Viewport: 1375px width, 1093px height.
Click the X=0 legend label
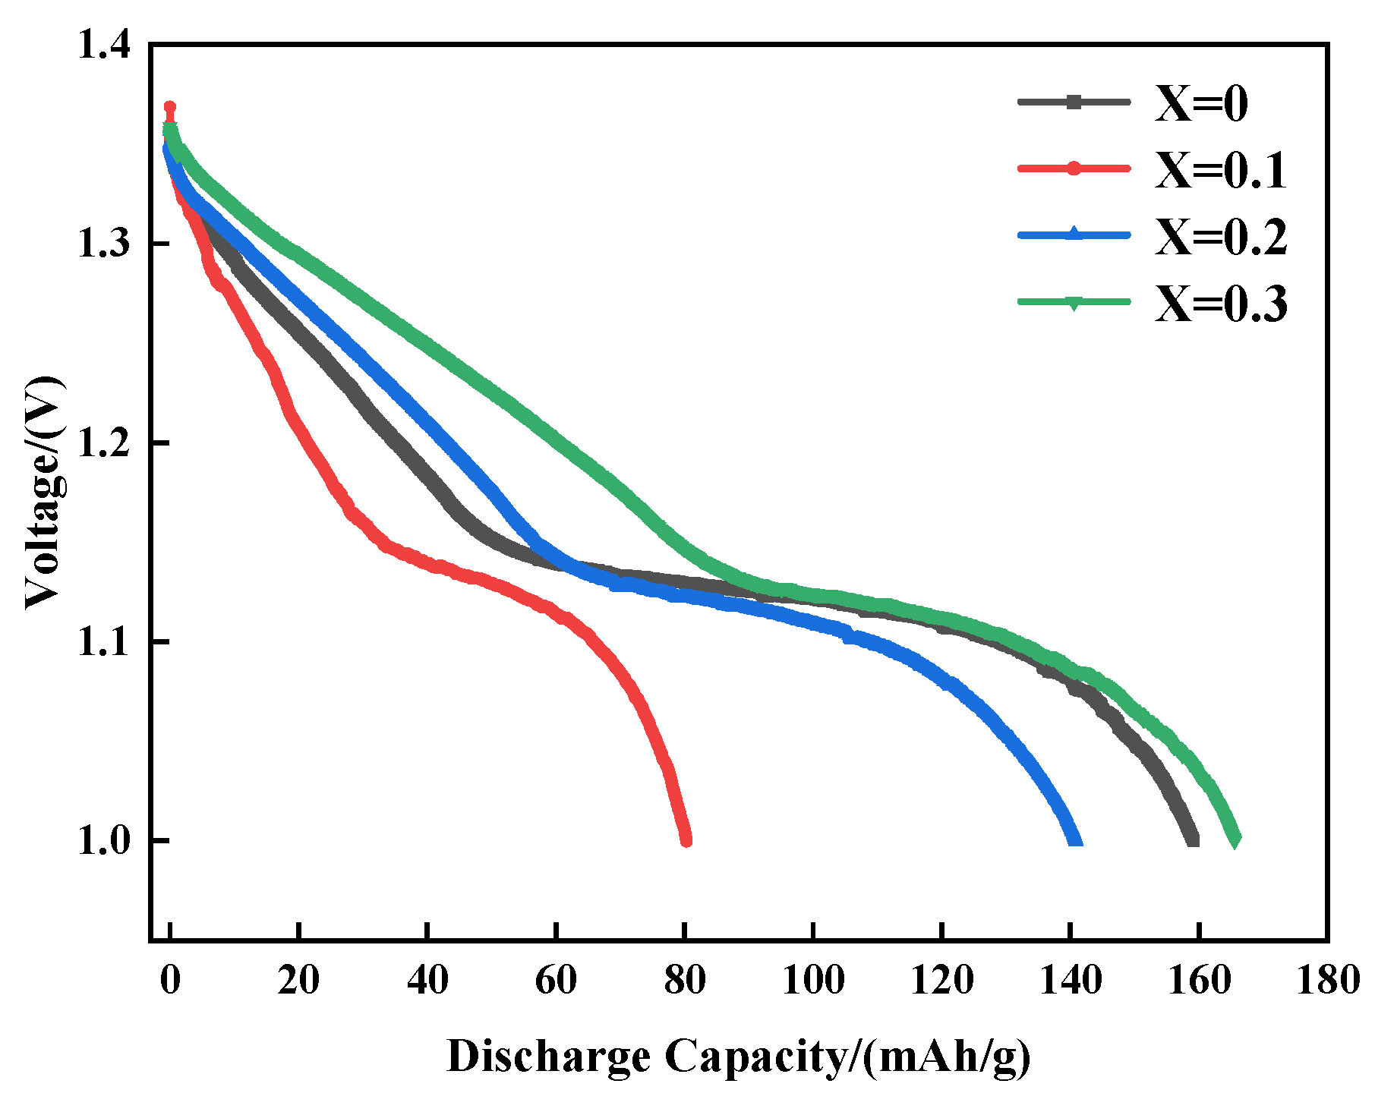[1201, 103]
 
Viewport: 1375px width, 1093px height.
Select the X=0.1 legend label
[1221, 170]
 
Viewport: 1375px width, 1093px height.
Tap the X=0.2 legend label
[1221, 236]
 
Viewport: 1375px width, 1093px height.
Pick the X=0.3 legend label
[1221, 304]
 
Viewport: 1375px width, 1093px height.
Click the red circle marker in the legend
[1074, 169]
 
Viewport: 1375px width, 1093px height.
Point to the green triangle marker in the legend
[1074, 303]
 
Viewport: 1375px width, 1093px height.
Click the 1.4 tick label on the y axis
[103, 46]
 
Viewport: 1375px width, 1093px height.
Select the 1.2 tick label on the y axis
[103, 443]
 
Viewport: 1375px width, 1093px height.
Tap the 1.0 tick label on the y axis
[103, 840]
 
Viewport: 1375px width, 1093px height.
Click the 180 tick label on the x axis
[1326, 980]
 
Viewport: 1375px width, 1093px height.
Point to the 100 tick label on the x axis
[813, 980]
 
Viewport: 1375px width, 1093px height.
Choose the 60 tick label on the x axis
[556, 980]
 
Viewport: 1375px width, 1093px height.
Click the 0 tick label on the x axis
[171, 980]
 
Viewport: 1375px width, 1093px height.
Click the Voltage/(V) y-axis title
[43, 492]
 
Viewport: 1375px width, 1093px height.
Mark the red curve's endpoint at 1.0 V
[686, 839]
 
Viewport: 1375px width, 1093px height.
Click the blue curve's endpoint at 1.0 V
[1075, 839]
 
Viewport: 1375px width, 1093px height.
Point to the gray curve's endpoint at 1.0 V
[1193, 839]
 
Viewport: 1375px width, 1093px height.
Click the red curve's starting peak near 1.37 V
[170, 107]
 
